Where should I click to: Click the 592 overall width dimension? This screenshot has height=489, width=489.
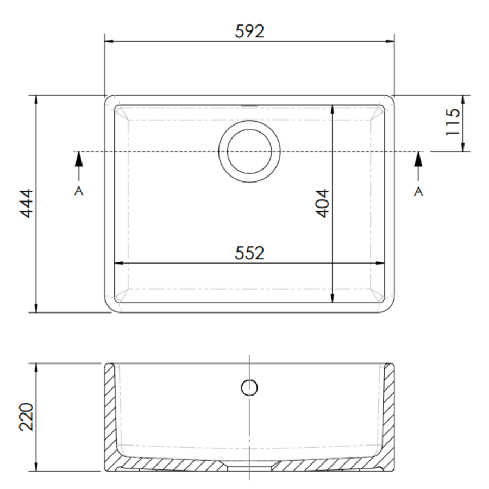point(249,32)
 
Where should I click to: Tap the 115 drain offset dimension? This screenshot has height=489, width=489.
point(452,122)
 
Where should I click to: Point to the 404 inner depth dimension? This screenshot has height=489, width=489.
point(323,203)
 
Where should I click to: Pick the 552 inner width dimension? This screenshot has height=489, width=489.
point(249,253)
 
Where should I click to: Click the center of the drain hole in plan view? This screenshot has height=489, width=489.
point(249,152)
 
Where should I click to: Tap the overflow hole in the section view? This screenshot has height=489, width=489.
point(249,387)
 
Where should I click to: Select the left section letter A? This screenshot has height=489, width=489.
point(79,192)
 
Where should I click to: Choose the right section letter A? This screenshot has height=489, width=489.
point(418,192)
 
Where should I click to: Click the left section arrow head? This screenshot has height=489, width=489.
point(79,159)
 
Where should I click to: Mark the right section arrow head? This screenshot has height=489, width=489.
point(418,159)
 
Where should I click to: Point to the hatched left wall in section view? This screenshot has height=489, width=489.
point(110,413)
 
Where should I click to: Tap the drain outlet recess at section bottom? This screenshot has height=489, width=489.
point(249,465)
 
